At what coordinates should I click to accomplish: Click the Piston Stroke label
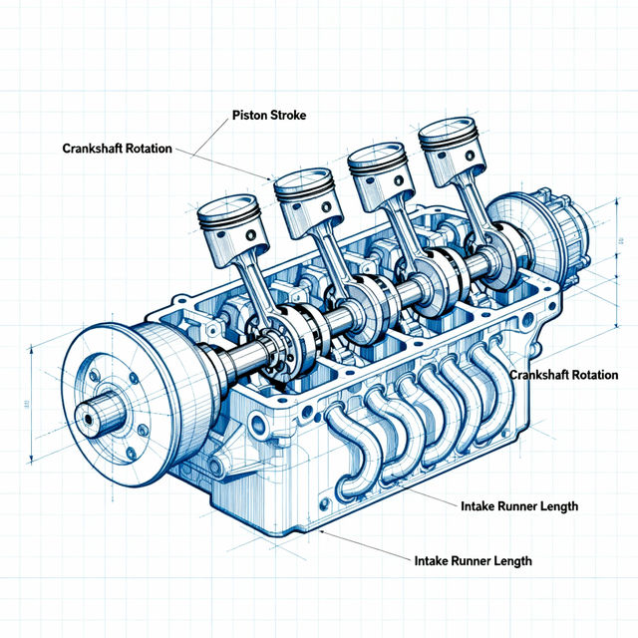click(x=268, y=116)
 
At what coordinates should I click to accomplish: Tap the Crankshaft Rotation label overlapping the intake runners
click(x=563, y=375)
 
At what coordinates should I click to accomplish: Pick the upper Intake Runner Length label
click(x=519, y=506)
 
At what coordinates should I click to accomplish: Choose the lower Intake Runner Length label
click(x=473, y=561)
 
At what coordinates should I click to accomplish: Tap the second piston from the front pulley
click(x=308, y=199)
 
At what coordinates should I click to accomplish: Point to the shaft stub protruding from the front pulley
click(x=95, y=417)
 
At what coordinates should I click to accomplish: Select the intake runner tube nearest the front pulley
click(x=349, y=449)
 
